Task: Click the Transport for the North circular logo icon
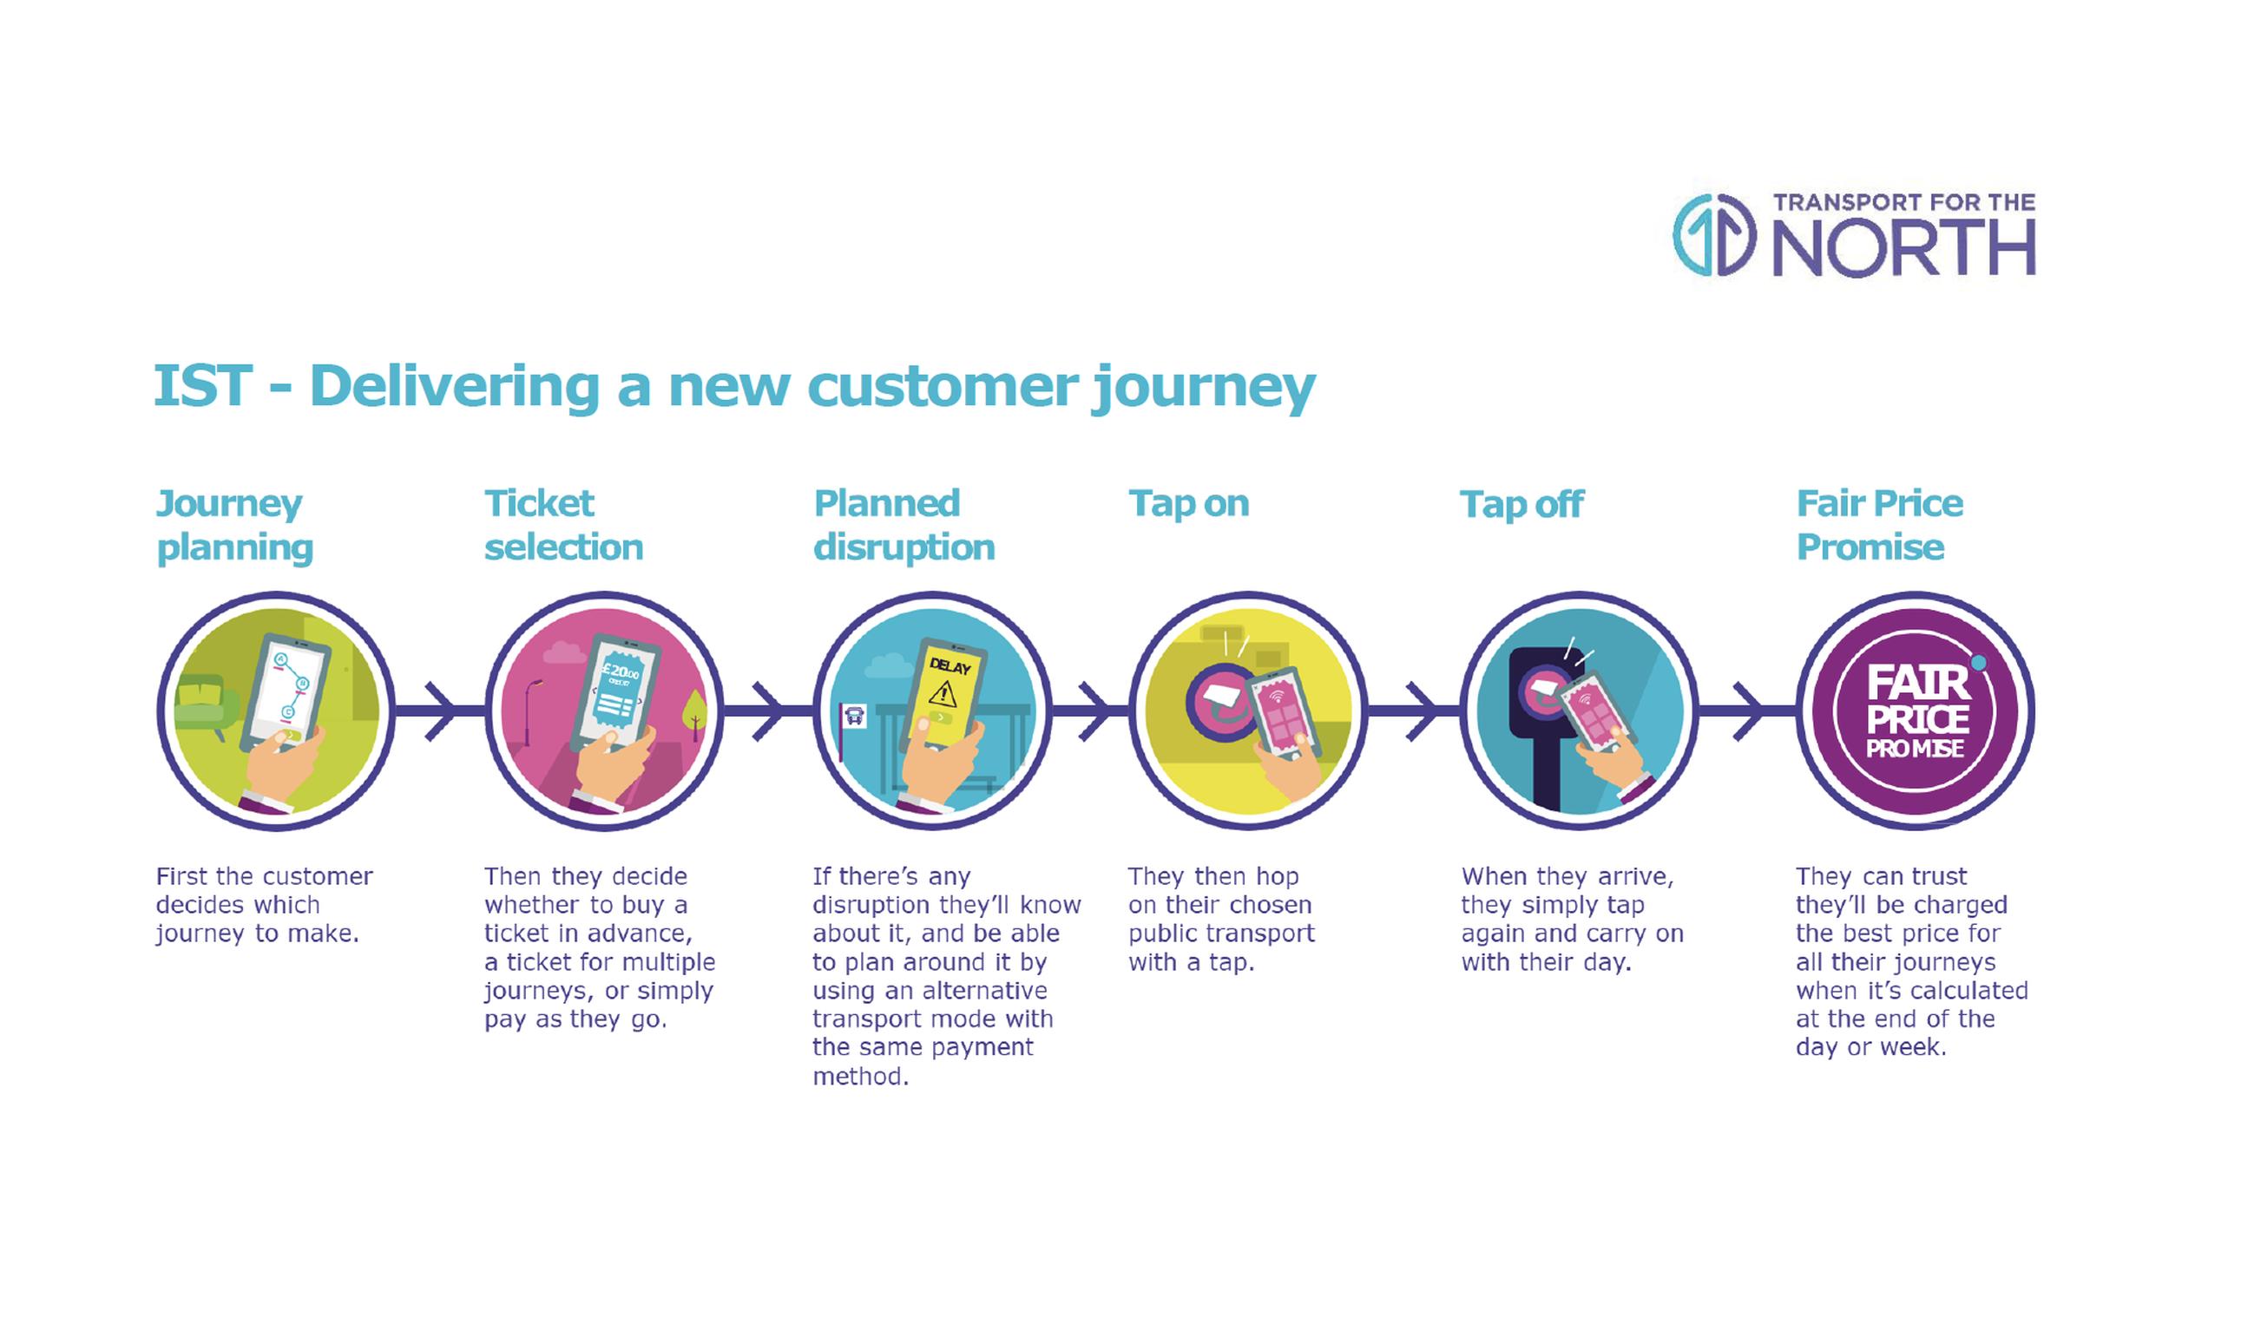pyautogui.click(x=1713, y=235)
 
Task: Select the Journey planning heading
pyautogui.click(x=234, y=525)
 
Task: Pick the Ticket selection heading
pyautogui.click(x=563, y=525)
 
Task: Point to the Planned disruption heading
pyautogui.click(x=904, y=525)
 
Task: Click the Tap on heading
pyautogui.click(x=1188, y=504)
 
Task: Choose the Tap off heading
pyautogui.click(x=1521, y=505)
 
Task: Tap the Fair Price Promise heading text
pyautogui.click(x=1879, y=525)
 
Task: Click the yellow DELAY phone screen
pyautogui.click(x=945, y=697)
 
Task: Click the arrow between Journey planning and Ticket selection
pyautogui.click(x=439, y=711)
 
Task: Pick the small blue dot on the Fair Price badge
pyautogui.click(x=1979, y=664)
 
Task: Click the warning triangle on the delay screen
pyautogui.click(x=943, y=695)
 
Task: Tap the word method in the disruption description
pyautogui.click(x=860, y=1076)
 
